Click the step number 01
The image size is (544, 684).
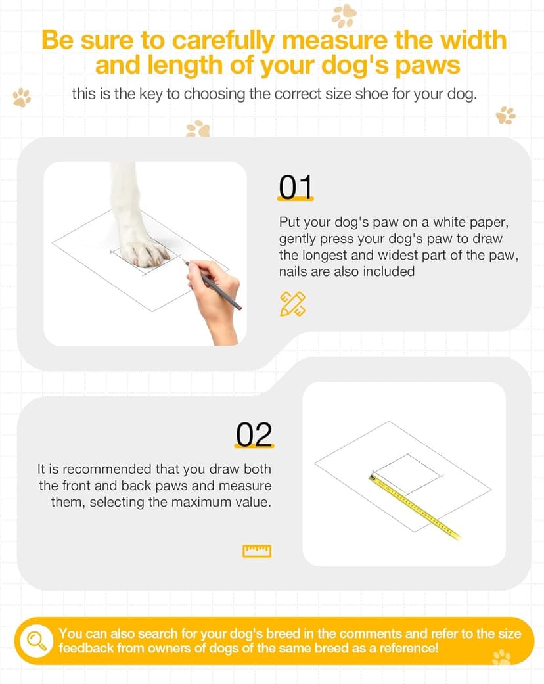pos(296,187)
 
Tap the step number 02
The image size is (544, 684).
pos(254,434)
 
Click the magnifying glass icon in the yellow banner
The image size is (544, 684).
pos(37,641)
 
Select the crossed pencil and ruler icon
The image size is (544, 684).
pos(292,304)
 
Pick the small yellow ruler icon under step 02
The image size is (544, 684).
pos(257,551)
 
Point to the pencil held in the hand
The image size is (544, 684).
pos(212,285)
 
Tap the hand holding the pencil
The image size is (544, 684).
pos(215,301)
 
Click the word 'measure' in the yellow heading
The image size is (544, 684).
pos(335,40)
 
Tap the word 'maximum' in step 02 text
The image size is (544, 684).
pos(211,501)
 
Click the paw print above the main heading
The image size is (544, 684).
pos(344,15)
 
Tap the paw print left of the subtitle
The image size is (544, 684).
pos(22,97)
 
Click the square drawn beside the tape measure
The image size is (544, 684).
pos(407,473)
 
